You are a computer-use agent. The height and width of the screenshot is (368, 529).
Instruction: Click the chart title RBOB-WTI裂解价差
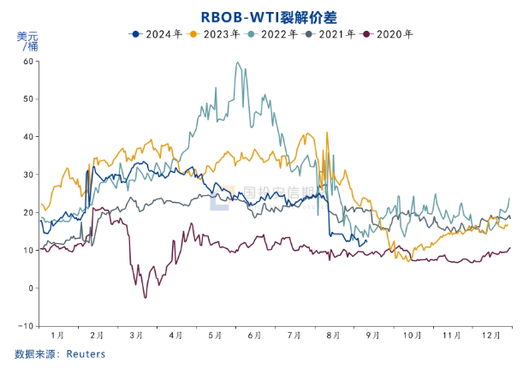(264, 16)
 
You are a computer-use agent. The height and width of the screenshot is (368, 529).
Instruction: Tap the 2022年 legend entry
(272, 34)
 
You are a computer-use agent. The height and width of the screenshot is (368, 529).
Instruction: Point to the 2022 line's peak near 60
(237, 62)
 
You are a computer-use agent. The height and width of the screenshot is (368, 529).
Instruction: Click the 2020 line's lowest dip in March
(145, 297)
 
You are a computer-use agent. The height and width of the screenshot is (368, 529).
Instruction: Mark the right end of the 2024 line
(366, 240)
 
